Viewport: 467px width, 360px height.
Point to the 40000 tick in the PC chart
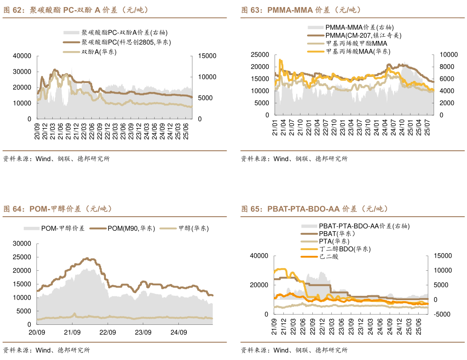(x=22, y=56)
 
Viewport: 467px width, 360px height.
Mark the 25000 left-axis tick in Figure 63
(x=259, y=55)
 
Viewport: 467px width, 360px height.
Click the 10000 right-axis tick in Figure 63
(x=449, y=55)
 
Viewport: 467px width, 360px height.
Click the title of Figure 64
(x=58, y=209)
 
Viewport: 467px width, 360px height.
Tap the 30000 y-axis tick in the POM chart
(x=22, y=244)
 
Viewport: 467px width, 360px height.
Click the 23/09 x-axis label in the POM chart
(x=143, y=332)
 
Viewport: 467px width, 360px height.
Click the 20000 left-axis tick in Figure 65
(x=259, y=285)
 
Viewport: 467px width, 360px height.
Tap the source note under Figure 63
(x=294, y=159)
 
